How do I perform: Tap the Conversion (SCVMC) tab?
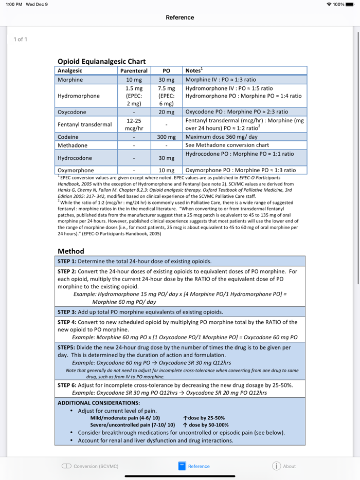(90, 466)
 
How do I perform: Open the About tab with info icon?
(284, 466)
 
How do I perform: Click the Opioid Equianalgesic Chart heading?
(101, 61)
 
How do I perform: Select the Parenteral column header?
(134, 71)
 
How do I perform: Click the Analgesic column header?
(70, 71)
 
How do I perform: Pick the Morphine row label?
(70, 80)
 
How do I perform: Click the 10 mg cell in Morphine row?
(134, 80)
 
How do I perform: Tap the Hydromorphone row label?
(79, 96)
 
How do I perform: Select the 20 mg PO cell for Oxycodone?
(166, 112)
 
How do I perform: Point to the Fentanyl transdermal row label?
(85, 124)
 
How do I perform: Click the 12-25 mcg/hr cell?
(134, 124)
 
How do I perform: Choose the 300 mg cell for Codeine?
(166, 137)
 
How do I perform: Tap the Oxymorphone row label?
(76, 170)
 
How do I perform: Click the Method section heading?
(71, 251)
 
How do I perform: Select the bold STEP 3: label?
(67, 312)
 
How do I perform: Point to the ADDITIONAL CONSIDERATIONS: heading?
(99, 403)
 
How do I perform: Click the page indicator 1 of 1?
(20, 40)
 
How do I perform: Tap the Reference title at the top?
(179, 17)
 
